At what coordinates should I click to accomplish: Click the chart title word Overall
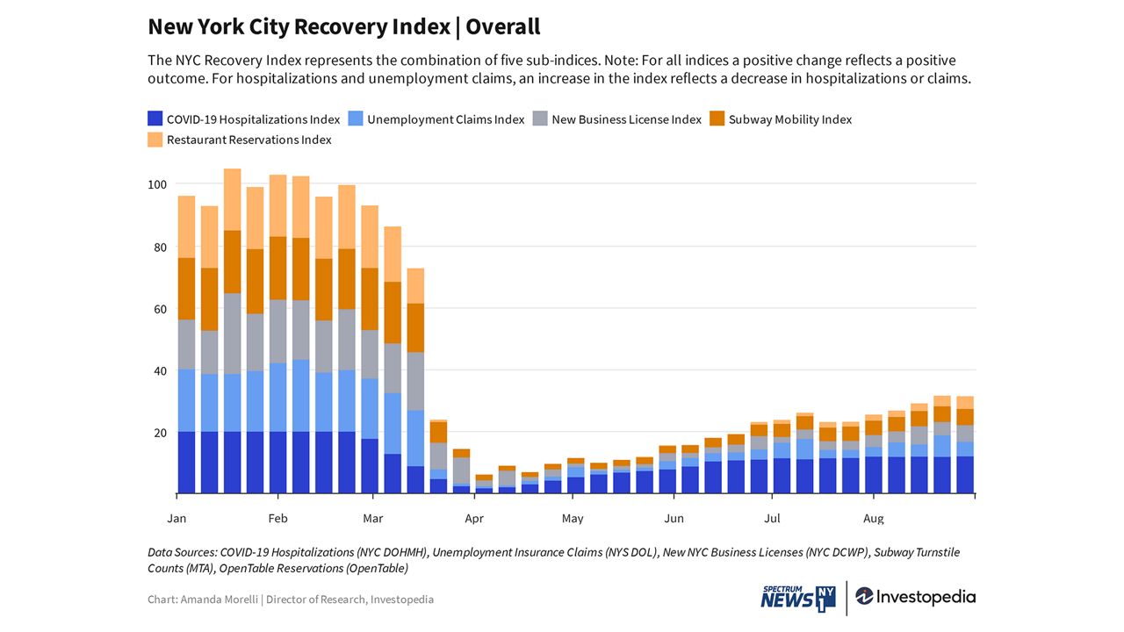503,26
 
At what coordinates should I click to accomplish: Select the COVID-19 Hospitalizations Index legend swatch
155,118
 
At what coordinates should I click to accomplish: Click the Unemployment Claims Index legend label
445,119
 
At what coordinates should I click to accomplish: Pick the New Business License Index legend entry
617,118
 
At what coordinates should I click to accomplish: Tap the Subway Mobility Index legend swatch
717,118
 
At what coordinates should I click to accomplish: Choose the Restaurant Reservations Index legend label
249,140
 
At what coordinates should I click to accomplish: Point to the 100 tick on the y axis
157,184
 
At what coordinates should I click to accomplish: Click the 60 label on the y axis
160,309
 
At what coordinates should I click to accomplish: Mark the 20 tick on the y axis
160,433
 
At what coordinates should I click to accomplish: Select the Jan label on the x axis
177,518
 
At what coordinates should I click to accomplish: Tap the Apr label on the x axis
474,519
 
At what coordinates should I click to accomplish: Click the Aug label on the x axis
873,519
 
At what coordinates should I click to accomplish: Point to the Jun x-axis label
674,518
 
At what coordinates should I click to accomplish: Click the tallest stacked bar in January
233,331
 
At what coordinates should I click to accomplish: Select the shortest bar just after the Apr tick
484,484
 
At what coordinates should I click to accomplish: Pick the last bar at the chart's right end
965,445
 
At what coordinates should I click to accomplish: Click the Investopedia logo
916,597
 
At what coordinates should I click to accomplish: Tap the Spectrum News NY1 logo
798,598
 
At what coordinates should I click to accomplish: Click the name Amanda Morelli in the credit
220,600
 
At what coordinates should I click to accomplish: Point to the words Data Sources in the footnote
183,552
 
